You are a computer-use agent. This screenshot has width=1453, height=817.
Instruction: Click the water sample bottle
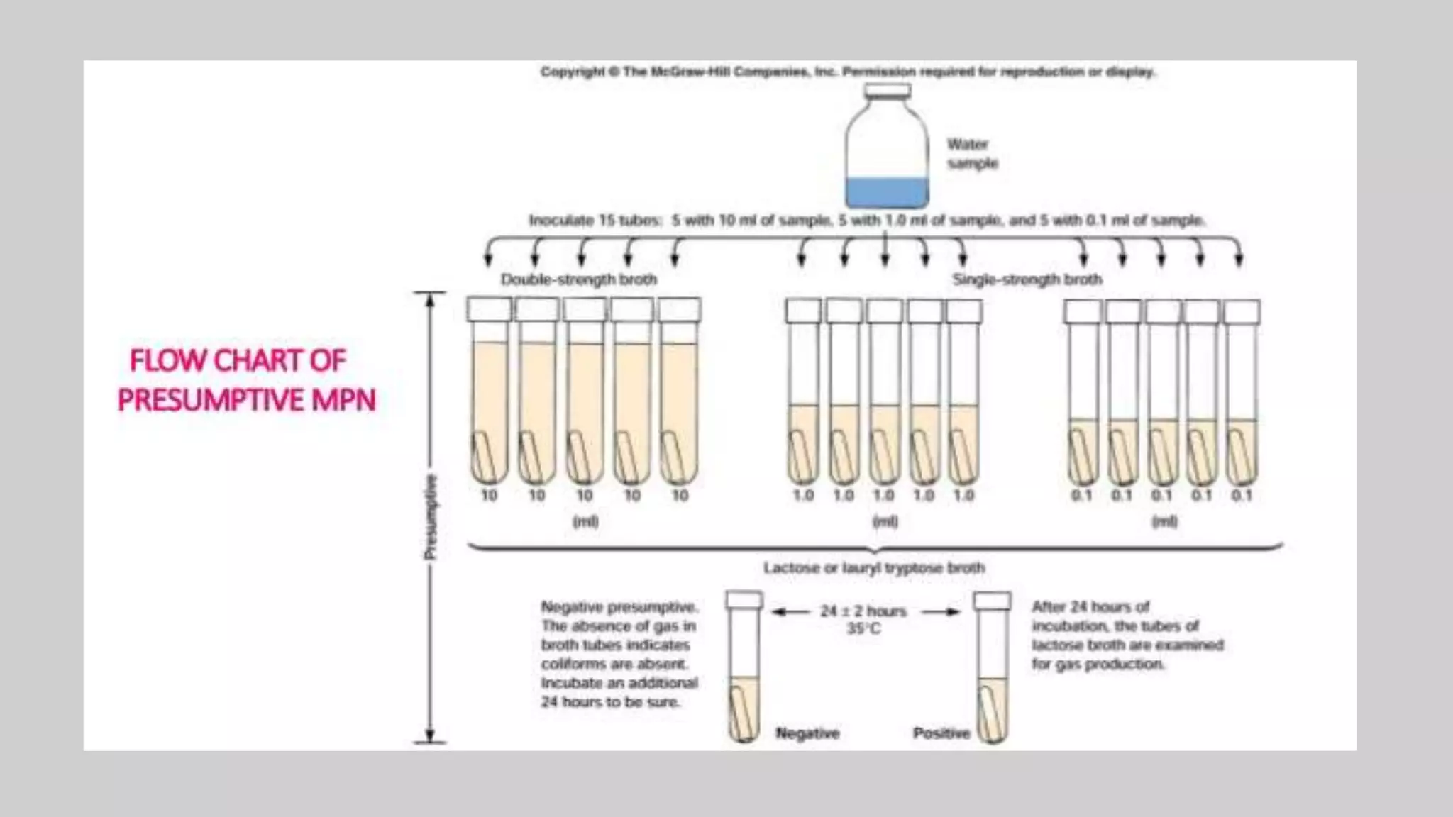click(x=886, y=149)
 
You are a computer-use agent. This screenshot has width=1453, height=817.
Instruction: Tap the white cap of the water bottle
click(x=887, y=91)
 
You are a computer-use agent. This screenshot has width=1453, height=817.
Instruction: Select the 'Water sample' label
click(x=971, y=154)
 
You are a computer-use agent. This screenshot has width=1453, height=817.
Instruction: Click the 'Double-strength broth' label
click(x=579, y=279)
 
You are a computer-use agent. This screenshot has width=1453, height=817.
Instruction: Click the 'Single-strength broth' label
click(x=1027, y=279)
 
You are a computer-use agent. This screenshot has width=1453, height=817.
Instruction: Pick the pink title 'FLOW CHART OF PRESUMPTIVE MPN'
click(x=245, y=380)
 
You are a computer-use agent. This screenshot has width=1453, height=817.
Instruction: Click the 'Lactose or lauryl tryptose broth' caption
click(x=874, y=568)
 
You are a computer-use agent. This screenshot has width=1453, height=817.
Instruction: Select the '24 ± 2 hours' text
click(x=863, y=611)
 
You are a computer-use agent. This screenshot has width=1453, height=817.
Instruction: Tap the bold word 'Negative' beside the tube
click(x=807, y=733)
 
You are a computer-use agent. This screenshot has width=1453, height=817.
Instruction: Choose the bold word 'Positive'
click(x=941, y=733)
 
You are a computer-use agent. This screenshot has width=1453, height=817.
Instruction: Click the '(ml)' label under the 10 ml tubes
click(x=585, y=522)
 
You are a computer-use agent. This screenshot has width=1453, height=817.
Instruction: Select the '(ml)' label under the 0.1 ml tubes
click(x=1164, y=522)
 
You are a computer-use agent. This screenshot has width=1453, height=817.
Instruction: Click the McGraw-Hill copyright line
click(x=848, y=72)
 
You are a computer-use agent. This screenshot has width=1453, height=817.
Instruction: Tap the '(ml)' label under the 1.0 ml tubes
click(x=885, y=522)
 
